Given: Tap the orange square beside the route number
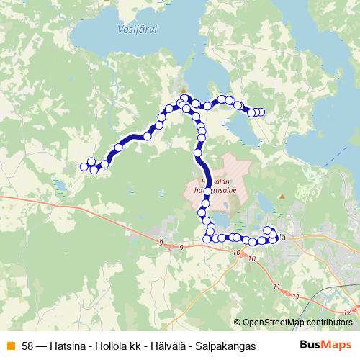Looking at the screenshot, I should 11,346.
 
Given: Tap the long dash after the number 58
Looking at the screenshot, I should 42,346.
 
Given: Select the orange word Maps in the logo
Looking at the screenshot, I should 338,345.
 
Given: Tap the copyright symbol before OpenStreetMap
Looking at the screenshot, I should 238,323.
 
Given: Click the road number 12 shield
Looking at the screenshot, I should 348,312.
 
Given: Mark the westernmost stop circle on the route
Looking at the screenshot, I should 84,167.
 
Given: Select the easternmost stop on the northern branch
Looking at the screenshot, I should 261,112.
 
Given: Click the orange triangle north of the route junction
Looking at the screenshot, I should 184,90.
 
